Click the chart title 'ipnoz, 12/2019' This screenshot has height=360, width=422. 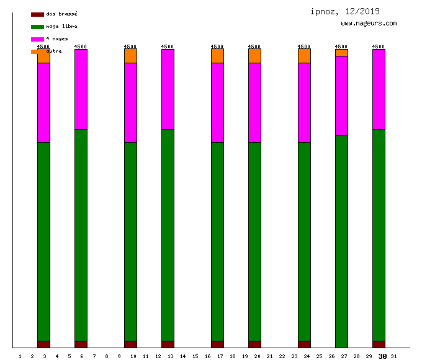345,11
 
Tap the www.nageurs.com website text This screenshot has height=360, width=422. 369,24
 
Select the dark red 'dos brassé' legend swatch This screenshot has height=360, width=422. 37,14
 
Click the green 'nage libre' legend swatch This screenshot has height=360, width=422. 37,27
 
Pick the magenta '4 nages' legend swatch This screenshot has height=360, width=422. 37,39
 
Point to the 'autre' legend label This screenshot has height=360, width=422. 54,51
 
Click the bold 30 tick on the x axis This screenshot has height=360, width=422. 382,356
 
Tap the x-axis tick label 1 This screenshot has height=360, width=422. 20,356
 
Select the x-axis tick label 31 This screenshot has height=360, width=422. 394,356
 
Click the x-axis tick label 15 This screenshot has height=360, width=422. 195,356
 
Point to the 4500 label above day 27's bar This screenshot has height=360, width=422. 341,47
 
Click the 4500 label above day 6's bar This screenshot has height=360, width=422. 81,47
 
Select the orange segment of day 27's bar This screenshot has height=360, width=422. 341,53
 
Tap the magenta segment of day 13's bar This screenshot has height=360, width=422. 168,89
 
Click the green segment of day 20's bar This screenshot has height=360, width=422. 254,241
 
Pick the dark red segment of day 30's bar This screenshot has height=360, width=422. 379,344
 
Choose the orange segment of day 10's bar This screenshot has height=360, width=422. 130,56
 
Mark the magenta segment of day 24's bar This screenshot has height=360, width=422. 304,102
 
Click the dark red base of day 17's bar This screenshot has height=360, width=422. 217,344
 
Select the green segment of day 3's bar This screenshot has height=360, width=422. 43,241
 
